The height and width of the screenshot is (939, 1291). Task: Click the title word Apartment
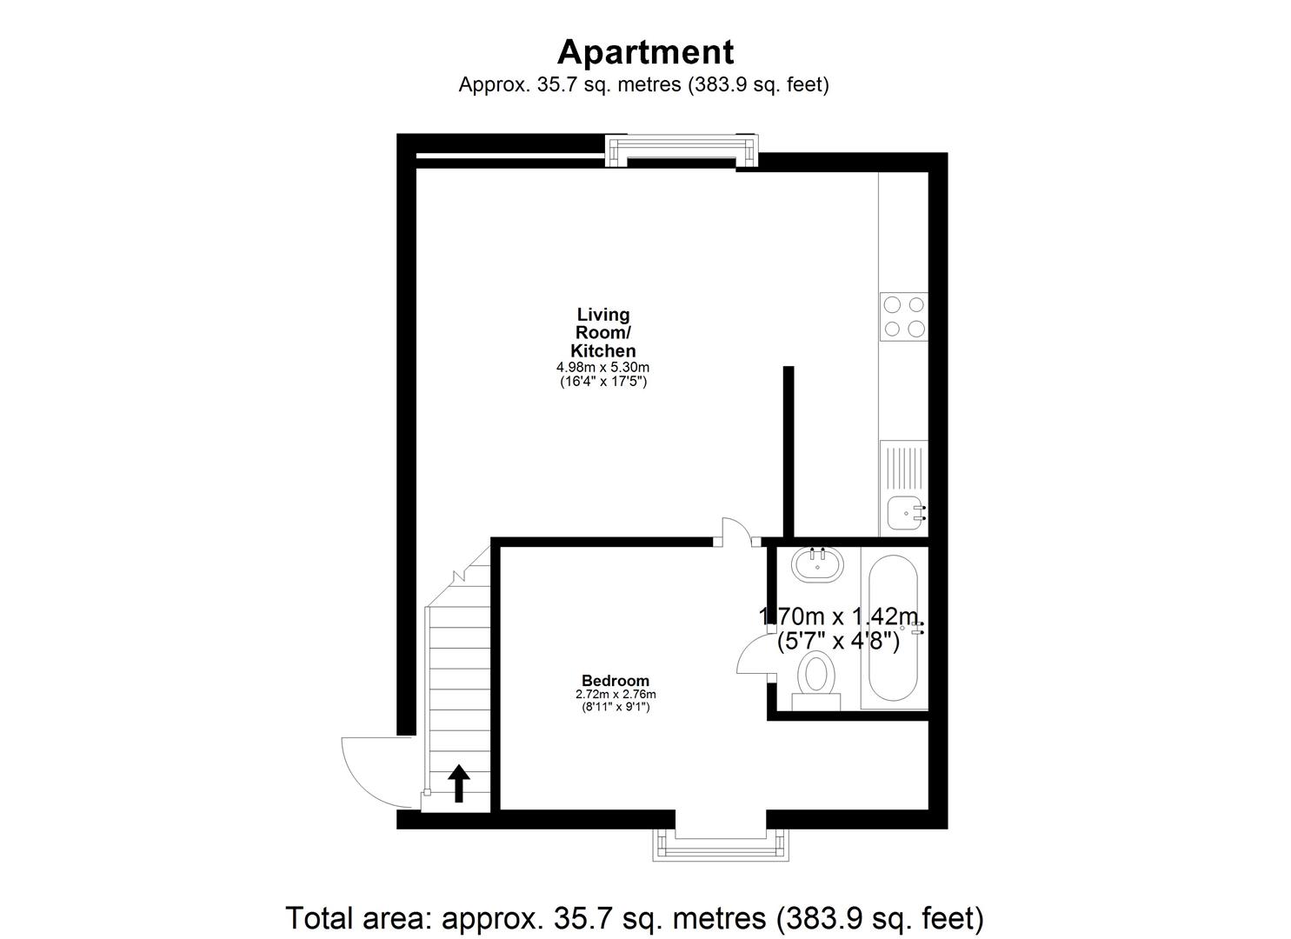click(645, 52)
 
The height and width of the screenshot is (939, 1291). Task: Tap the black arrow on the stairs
click(458, 782)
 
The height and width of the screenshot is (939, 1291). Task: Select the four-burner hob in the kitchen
click(903, 316)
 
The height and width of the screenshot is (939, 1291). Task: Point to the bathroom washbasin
click(817, 565)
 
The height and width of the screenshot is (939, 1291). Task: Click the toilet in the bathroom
click(816, 677)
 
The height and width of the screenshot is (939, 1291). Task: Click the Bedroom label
click(616, 681)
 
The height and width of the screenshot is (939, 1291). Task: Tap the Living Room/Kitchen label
click(603, 333)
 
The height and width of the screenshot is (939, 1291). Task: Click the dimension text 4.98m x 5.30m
click(603, 368)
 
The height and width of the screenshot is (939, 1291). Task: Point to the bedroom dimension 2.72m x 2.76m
click(616, 695)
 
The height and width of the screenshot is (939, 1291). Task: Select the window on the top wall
click(682, 150)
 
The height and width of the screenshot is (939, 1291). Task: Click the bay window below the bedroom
click(721, 844)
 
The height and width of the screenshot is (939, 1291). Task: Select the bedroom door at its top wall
click(737, 532)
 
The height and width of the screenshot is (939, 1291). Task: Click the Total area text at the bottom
click(635, 917)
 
